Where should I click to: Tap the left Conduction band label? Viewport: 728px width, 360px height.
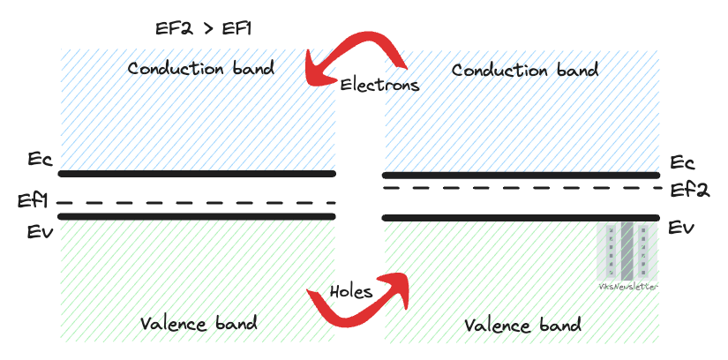[x=200, y=68]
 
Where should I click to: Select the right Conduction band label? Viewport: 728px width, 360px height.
[x=524, y=70]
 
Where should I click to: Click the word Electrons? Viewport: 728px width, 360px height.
[x=379, y=85]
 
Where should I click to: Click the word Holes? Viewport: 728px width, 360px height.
[x=350, y=291]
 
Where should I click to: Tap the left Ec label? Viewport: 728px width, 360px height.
[x=40, y=161]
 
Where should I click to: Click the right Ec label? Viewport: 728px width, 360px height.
[x=682, y=162]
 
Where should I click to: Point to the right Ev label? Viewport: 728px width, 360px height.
[x=680, y=229]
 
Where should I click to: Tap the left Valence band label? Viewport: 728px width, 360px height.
[x=199, y=323]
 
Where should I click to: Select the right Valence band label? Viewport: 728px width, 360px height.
[x=522, y=325]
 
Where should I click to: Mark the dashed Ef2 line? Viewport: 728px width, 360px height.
[x=521, y=187]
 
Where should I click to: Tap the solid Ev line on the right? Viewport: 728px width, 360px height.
[x=521, y=217]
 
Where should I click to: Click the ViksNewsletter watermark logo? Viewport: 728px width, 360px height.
[x=627, y=256]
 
